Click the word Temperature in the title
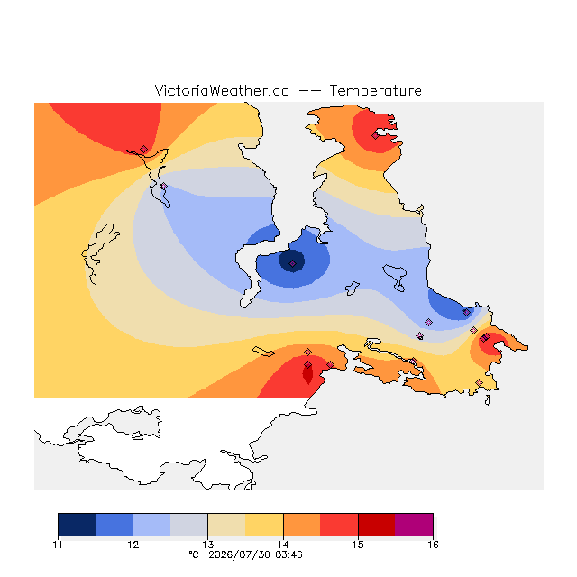(375, 90)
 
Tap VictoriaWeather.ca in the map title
(222, 90)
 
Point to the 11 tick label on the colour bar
(58, 545)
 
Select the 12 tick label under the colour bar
(133, 545)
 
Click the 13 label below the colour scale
(208, 545)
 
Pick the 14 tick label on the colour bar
(283, 545)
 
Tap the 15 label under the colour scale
(358, 545)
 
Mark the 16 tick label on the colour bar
(433, 545)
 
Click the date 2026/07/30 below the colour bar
(240, 555)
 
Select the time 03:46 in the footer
(288, 555)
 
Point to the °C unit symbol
(194, 554)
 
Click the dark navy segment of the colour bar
(77, 525)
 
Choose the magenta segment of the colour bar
(414, 525)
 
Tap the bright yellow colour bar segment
(264, 525)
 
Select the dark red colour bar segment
(377, 525)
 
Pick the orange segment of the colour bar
(302, 525)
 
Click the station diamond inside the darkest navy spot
(292, 264)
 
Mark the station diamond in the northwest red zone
(144, 149)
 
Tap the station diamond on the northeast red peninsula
(375, 136)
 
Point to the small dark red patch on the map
(307, 373)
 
